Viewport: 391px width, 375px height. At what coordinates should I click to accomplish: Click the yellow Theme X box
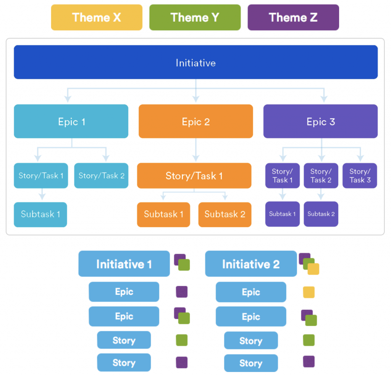point(97,17)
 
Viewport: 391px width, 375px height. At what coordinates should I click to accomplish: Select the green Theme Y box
point(195,17)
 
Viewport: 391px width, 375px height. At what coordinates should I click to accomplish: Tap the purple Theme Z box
point(293,17)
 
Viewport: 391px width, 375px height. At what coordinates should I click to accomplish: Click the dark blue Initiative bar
point(195,62)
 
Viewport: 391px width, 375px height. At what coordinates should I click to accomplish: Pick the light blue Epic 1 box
point(71,121)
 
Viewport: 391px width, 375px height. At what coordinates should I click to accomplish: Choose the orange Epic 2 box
point(195,121)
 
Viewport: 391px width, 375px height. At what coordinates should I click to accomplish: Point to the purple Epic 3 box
point(320,121)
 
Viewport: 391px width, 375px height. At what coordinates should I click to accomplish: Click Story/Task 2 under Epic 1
point(101,176)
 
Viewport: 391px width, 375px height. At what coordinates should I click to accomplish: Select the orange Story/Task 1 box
point(194,176)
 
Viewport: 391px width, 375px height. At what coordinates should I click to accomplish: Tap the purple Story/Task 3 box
point(360,176)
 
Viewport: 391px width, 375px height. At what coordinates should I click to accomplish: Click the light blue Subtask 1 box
point(40,214)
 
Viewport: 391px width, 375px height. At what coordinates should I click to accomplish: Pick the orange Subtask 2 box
point(225,214)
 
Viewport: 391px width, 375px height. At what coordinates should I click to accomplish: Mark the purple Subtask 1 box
point(283,214)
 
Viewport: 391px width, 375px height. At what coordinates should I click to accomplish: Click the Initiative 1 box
point(124,264)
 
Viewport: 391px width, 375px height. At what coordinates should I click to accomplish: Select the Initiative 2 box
point(250,264)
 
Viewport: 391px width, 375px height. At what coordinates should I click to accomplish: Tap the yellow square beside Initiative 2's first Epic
point(309,292)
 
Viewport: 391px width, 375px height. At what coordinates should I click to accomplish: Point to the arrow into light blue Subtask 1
point(42,195)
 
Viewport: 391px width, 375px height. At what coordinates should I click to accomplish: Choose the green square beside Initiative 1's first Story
point(181,340)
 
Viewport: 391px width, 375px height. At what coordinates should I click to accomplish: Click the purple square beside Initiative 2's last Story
point(309,361)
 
